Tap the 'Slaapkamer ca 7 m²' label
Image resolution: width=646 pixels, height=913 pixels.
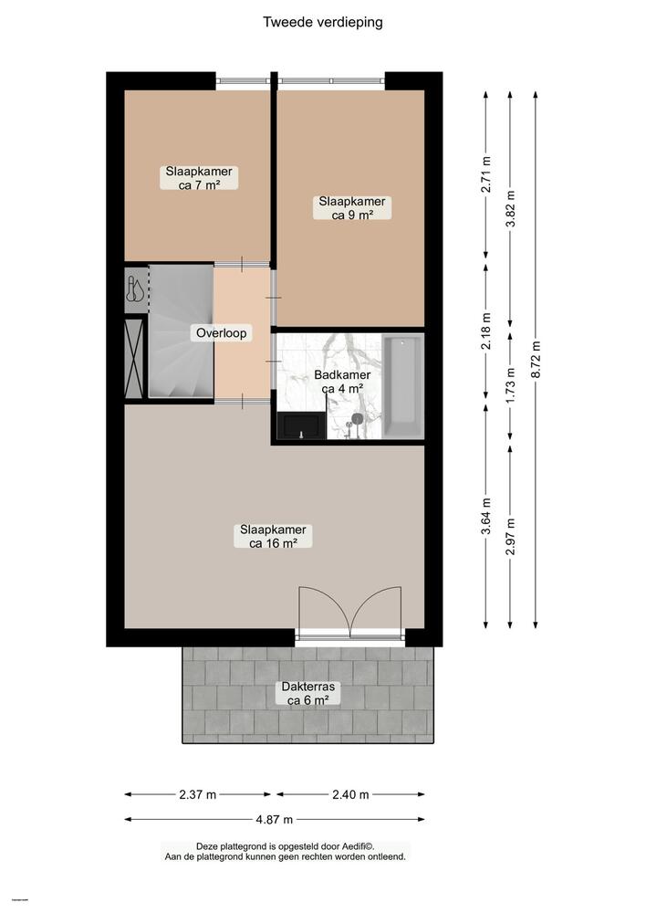(x=199, y=177)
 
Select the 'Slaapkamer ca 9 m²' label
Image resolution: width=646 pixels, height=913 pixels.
(x=351, y=208)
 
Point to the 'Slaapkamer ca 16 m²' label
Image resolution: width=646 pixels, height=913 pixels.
(x=273, y=536)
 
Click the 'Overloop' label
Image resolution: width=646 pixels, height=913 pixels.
(x=222, y=333)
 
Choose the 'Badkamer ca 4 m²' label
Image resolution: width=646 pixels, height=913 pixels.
(x=342, y=381)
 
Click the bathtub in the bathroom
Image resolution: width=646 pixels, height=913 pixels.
(x=402, y=386)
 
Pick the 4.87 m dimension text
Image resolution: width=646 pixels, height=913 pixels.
(x=275, y=819)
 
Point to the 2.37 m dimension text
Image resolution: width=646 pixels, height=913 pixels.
(x=198, y=794)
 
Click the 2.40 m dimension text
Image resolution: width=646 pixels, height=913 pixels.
(x=350, y=794)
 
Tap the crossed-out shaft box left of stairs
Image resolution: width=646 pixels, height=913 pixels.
(x=135, y=355)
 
